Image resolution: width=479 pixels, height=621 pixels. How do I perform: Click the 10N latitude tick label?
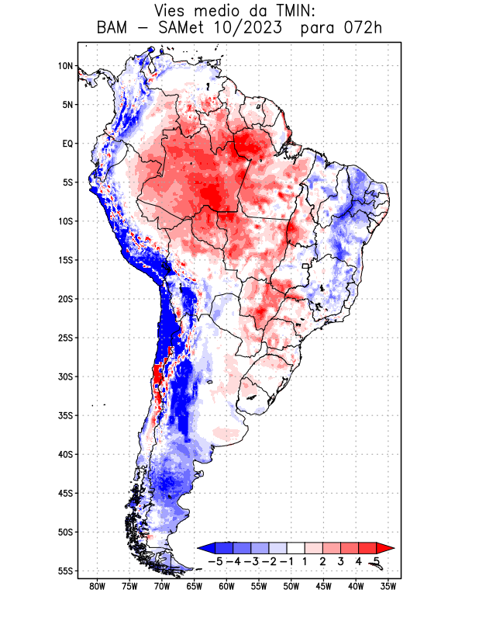[x=65, y=66]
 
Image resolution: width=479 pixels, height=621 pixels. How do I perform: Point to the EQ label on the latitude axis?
[x=67, y=144]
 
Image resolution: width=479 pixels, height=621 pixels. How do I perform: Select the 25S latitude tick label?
[x=65, y=338]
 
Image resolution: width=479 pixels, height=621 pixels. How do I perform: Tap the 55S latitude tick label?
[x=65, y=571]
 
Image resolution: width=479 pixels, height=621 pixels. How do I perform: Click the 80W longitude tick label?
[x=97, y=586]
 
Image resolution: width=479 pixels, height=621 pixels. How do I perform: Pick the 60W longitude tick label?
[x=226, y=586]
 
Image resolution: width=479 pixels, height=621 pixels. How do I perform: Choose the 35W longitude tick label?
[x=388, y=586]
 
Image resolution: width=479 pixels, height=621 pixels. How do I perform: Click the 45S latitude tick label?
[x=65, y=494]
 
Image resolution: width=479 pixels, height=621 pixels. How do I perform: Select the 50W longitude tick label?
[x=291, y=586]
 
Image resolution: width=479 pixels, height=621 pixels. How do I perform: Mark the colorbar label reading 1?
[x=305, y=561]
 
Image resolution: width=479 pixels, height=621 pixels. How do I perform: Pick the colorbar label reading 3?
[x=341, y=561]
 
